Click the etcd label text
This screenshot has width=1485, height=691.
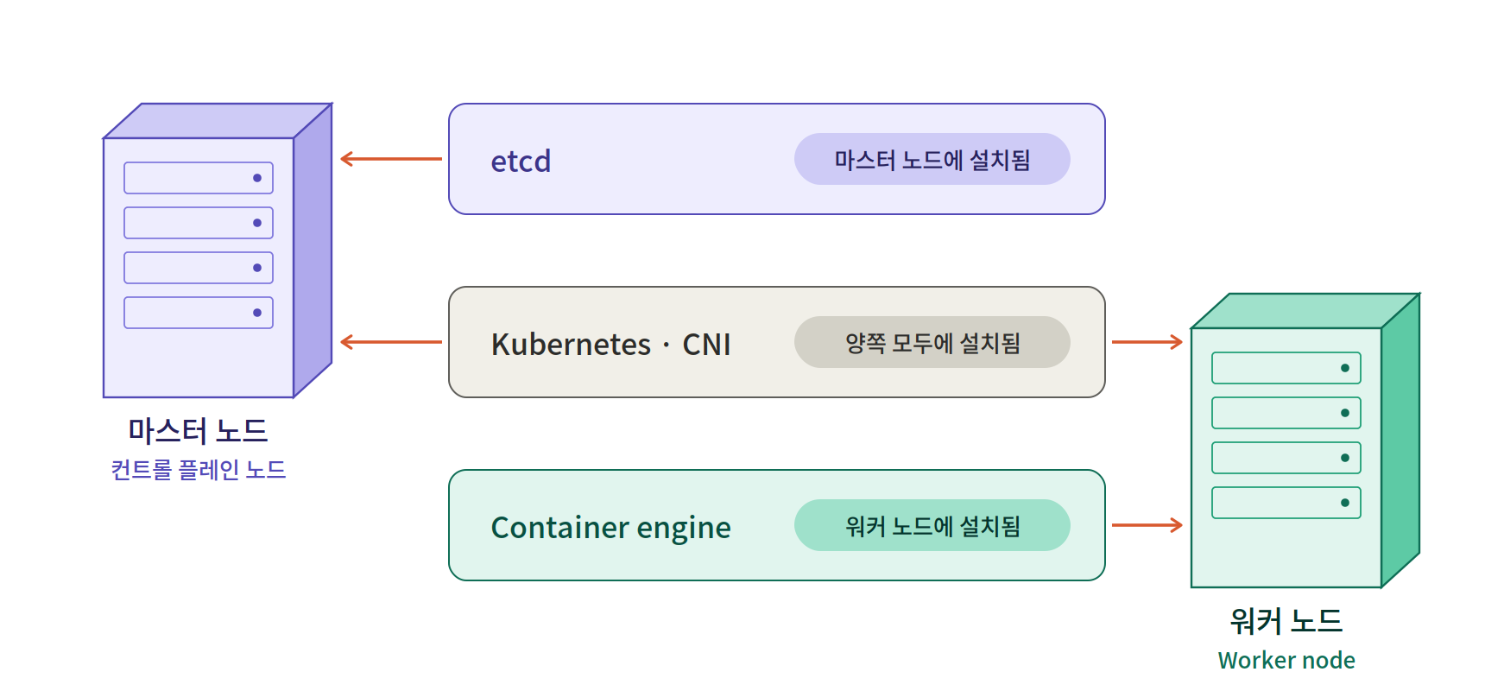[521, 162]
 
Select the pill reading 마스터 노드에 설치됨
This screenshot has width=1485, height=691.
[932, 159]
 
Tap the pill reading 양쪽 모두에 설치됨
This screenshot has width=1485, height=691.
[932, 342]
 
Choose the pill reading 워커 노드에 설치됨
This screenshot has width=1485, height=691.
[932, 525]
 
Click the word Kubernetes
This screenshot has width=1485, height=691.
[571, 345]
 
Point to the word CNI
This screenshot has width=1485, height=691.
[706, 345]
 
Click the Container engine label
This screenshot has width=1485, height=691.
[610, 528]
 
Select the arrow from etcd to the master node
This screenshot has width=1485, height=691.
[391, 159]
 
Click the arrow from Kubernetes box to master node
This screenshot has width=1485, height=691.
[391, 342]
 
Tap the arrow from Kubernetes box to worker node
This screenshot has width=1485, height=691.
[1147, 342]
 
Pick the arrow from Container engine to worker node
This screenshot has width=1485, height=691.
[1147, 525]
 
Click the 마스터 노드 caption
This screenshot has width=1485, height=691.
[198, 430]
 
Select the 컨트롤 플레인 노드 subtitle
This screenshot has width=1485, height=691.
[198, 469]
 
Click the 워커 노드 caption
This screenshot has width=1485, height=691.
[1286, 620]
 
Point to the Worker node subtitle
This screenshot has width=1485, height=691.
[1286, 660]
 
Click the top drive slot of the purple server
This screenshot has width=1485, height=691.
[199, 178]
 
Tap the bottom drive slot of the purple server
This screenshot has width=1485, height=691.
[199, 313]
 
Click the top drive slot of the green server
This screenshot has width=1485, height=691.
[1286, 368]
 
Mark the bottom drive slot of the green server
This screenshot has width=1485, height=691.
[1286, 503]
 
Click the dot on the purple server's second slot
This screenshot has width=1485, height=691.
[257, 223]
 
